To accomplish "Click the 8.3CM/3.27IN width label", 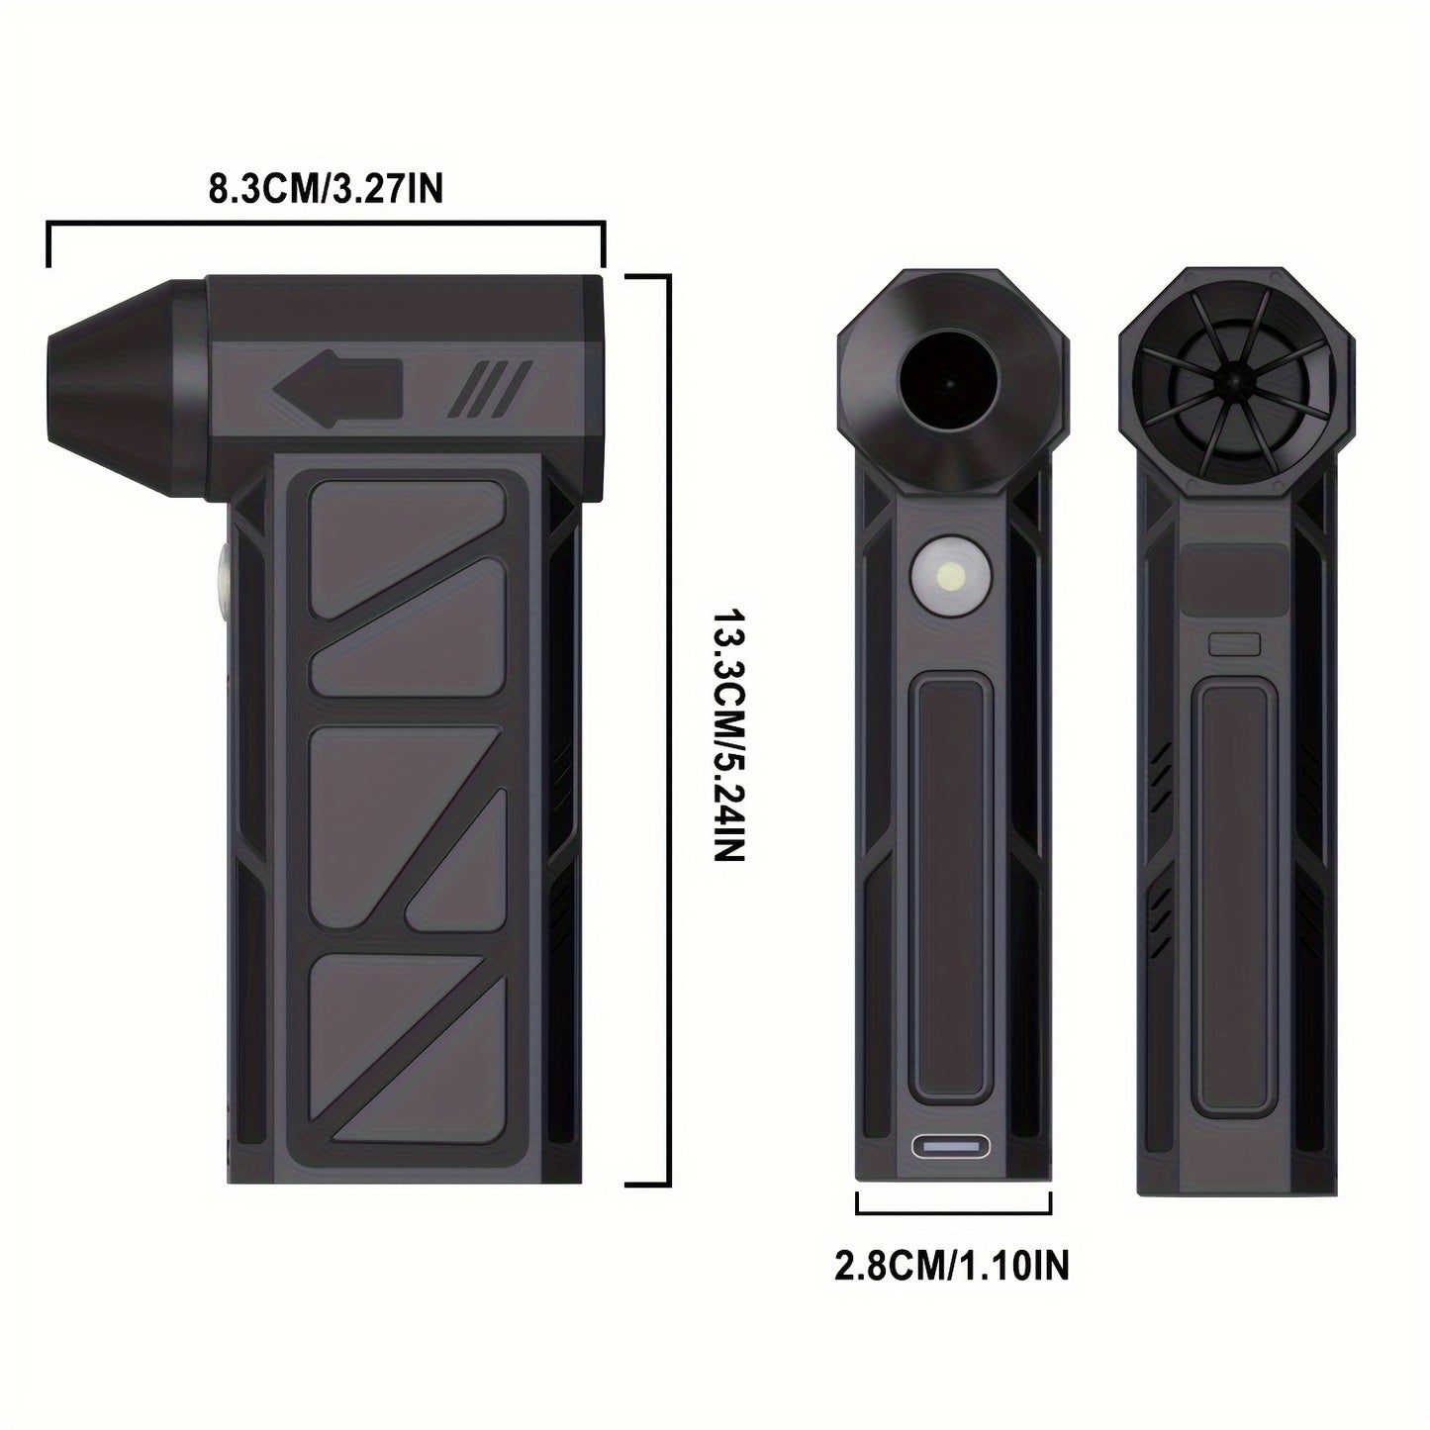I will [325, 188].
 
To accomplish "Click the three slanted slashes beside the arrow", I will [491, 387].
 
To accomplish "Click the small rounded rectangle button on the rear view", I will [1234, 644].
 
